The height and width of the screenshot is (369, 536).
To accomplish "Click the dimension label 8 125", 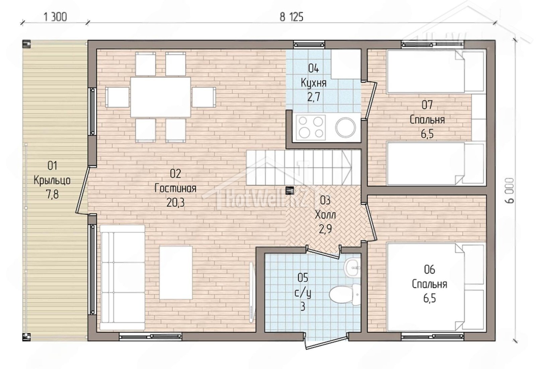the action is tap(291, 17).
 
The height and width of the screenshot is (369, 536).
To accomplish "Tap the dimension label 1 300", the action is tap(55, 17).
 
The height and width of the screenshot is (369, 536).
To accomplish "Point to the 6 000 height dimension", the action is tap(510, 191).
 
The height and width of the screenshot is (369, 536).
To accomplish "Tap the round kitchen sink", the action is tap(345, 128).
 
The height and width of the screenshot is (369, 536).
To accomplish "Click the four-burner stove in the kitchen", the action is tap(311, 128).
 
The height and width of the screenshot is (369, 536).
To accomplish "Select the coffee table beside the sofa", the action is tap(176, 273).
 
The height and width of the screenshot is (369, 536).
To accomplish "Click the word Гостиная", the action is tap(176, 189).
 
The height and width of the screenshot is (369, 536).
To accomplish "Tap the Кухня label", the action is tap(314, 83).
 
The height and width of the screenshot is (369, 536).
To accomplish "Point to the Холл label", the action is tap(325, 215).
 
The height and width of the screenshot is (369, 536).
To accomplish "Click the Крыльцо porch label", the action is tap(52, 180).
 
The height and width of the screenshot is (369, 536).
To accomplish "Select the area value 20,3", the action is tap(176, 203).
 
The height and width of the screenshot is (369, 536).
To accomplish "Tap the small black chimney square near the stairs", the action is tap(289, 190).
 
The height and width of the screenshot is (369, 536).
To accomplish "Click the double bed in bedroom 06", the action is tap(435, 287).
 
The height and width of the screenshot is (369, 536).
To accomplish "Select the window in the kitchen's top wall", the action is tap(309, 45).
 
